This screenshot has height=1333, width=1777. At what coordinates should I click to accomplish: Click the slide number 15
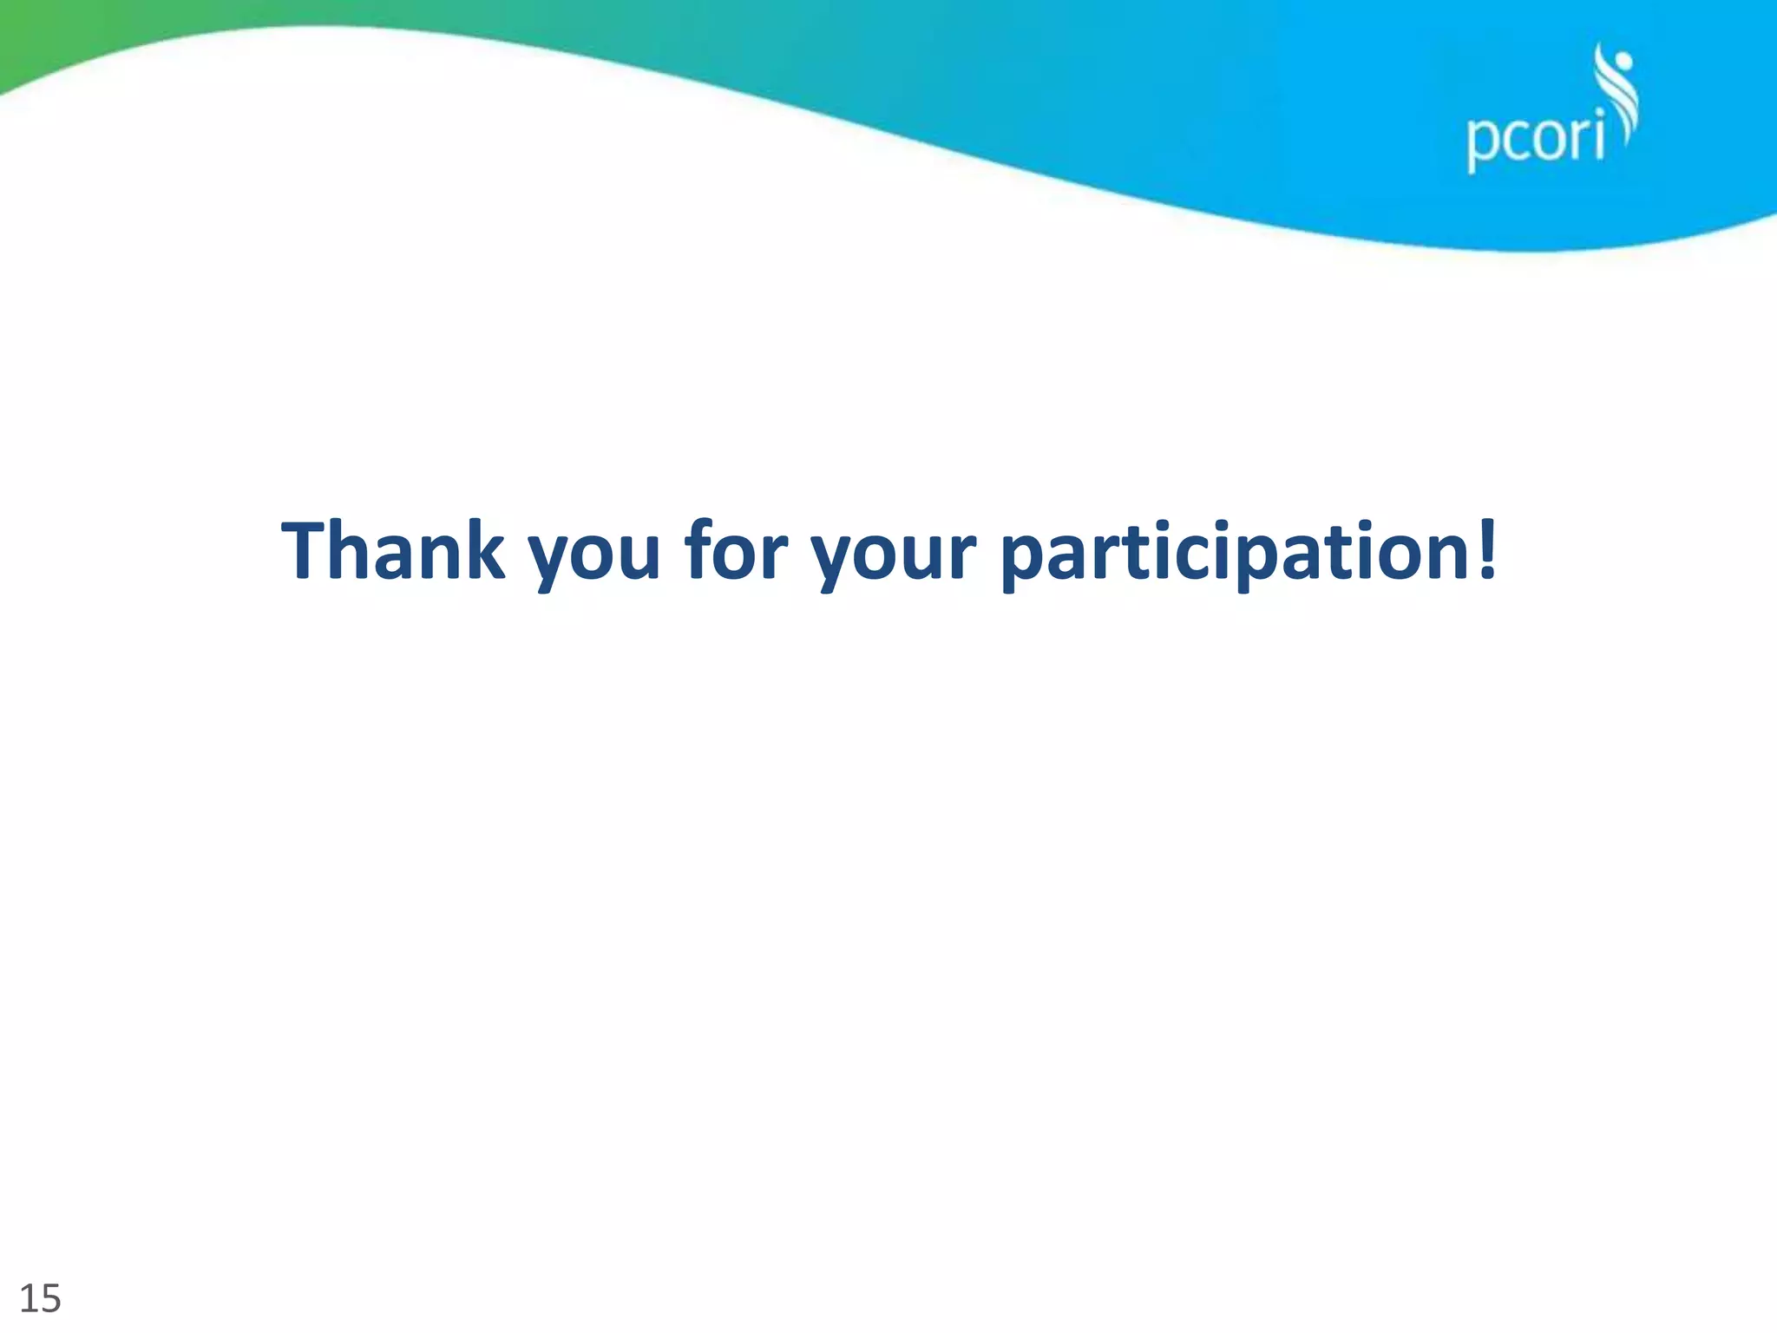40,1298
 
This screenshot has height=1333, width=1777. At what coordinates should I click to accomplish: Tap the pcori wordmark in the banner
1535,140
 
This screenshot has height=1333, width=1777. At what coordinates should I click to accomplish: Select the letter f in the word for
698,548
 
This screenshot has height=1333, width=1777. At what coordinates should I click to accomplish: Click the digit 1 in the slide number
28,1298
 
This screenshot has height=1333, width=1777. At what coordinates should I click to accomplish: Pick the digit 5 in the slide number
50,1299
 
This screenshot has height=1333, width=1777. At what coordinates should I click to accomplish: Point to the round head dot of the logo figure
1623,62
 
